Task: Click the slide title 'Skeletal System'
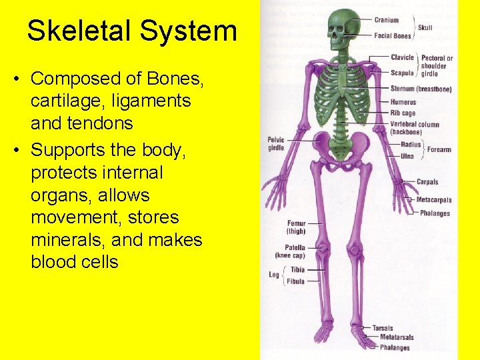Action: (131, 31)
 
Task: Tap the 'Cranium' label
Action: (387, 20)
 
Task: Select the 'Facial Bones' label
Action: (393, 35)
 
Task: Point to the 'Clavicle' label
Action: (403, 58)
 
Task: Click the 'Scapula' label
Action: (402, 73)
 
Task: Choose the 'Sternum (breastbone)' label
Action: (421, 89)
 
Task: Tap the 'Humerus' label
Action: (403, 102)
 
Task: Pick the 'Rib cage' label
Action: (403, 113)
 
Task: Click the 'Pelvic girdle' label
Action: (275, 143)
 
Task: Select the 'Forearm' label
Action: (440, 150)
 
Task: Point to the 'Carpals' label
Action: (427, 182)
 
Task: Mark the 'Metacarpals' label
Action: (434, 200)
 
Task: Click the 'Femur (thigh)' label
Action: (296, 227)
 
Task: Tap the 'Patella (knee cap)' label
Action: (291, 251)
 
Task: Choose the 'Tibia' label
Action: (297, 270)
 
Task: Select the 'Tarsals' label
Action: (382, 328)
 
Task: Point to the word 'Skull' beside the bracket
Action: (425, 28)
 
